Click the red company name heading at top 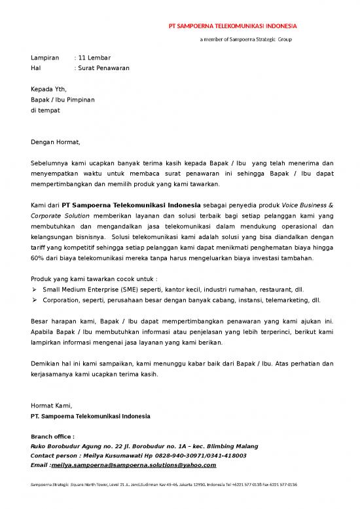coord(233,27)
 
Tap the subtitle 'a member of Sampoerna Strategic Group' coord(245,40)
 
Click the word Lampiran coord(45,58)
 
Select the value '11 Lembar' coord(95,58)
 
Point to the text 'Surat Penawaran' coord(104,68)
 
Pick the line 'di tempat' coord(45,111)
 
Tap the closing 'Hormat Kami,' coord(52,406)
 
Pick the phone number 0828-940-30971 coord(175,455)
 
